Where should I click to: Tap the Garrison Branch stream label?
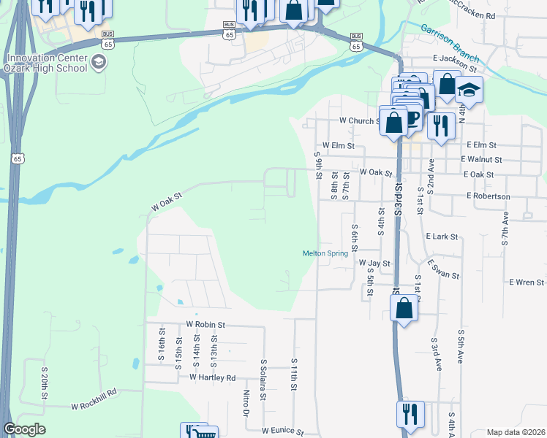tap(450, 43)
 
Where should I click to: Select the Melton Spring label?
tap(326, 253)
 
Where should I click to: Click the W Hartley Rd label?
tap(212, 377)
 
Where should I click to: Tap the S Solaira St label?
tap(263, 374)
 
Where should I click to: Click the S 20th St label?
tap(45, 388)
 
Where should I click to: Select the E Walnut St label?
tap(481, 159)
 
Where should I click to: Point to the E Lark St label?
tap(441, 237)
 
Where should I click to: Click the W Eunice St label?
tap(282, 431)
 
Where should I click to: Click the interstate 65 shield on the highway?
tap(18, 158)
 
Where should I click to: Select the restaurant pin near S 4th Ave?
tap(410, 413)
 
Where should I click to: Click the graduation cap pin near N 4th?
tap(469, 91)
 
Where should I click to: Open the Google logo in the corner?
tap(24, 429)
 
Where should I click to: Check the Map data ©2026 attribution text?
tap(516, 432)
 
